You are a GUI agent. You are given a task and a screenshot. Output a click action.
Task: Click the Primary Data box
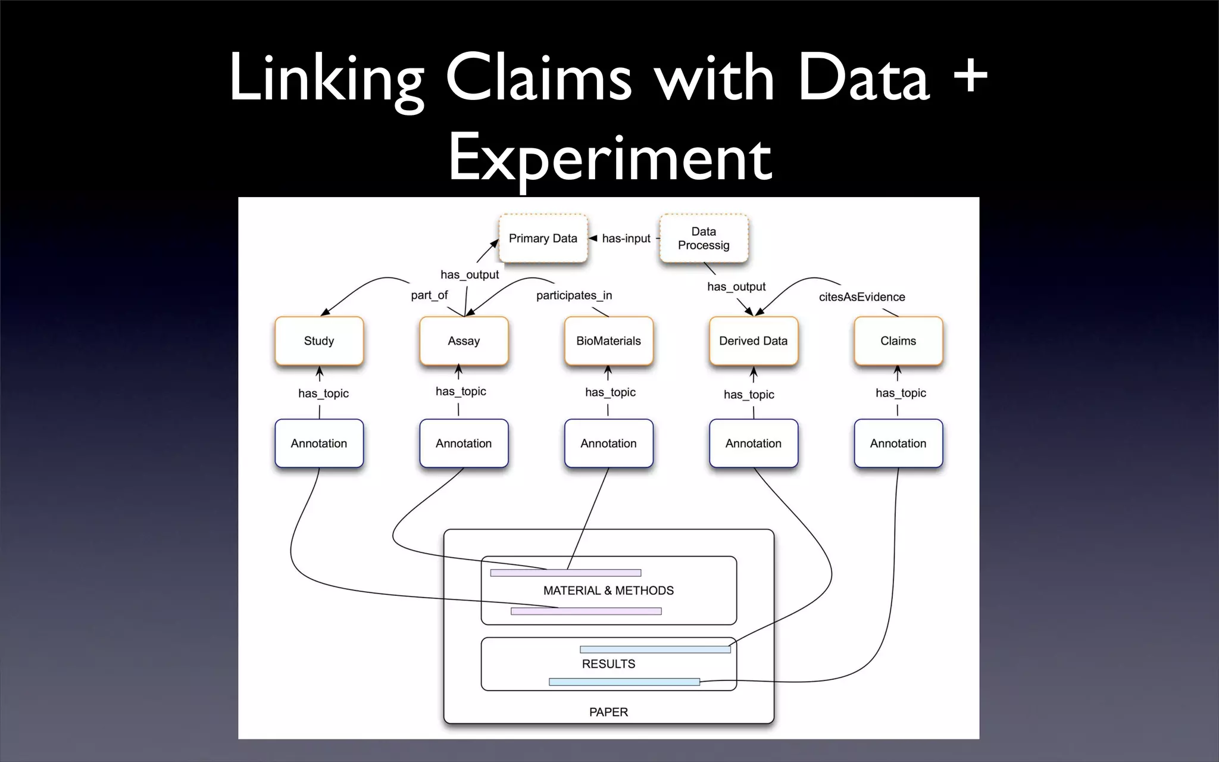pyautogui.click(x=543, y=238)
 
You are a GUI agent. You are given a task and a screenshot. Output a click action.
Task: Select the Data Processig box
pyautogui.click(x=704, y=238)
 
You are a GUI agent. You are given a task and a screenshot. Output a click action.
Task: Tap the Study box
pyautogui.click(x=319, y=341)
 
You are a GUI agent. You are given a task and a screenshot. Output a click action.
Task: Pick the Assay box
pyautogui.click(x=464, y=341)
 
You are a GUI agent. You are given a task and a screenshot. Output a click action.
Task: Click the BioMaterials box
pyautogui.click(x=608, y=341)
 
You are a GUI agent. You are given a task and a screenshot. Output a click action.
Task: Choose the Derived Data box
pyautogui.click(x=753, y=341)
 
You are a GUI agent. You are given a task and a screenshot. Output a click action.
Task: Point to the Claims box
pyautogui.click(x=898, y=341)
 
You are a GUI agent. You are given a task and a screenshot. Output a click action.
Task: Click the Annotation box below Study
pyautogui.click(x=319, y=443)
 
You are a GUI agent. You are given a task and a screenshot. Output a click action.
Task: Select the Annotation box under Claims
pyautogui.click(x=898, y=443)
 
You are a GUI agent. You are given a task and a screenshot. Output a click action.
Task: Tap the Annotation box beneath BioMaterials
pyautogui.click(x=608, y=443)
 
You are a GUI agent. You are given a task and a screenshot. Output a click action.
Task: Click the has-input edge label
pyautogui.click(x=626, y=238)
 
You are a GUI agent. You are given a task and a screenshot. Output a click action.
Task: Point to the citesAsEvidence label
pyautogui.click(x=861, y=296)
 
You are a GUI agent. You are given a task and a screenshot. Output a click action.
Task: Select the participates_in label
pyautogui.click(x=574, y=295)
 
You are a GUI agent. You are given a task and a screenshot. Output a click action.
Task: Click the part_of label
pyautogui.click(x=429, y=295)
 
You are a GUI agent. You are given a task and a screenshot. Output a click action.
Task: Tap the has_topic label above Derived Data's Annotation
pyautogui.click(x=749, y=394)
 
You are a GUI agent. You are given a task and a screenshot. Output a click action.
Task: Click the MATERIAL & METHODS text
pyautogui.click(x=608, y=591)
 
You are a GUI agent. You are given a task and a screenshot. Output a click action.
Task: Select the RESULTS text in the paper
pyautogui.click(x=608, y=664)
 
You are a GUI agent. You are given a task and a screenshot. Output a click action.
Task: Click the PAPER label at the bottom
pyautogui.click(x=608, y=712)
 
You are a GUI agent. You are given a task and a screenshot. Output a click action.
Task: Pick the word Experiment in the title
pyautogui.click(x=609, y=158)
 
